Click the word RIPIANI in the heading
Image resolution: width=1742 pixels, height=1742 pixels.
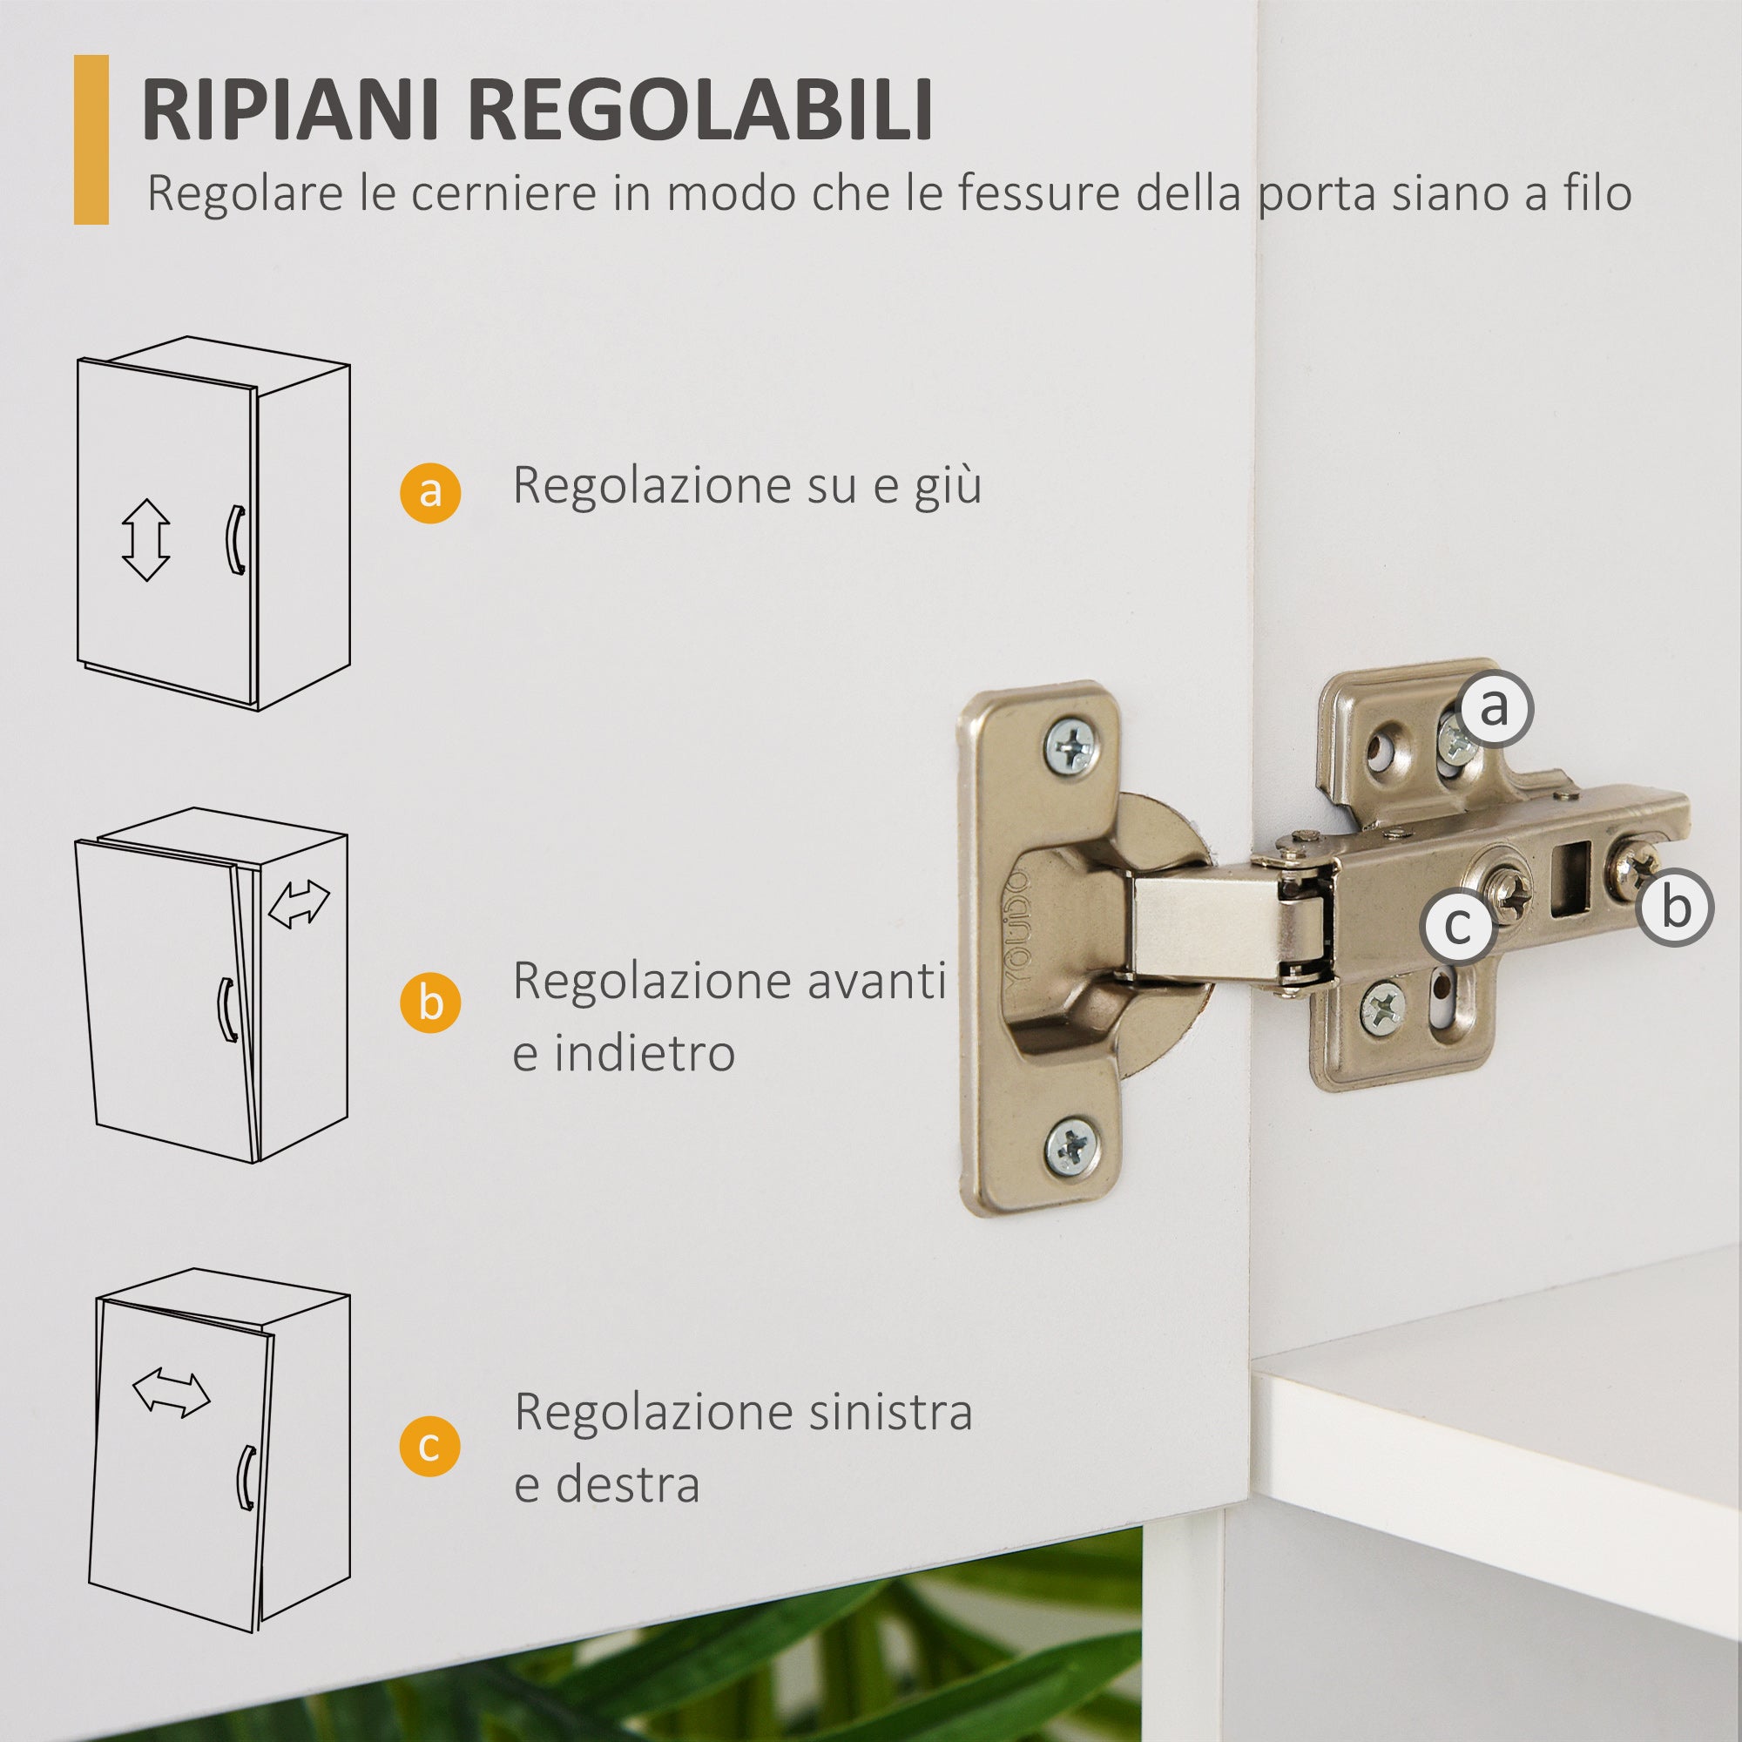tap(289, 110)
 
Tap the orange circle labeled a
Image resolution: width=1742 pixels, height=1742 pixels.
tap(430, 493)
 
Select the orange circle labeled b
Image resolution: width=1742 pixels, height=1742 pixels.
tap(430, 1002)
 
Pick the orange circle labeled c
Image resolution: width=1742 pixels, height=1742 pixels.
tap(430, 1446)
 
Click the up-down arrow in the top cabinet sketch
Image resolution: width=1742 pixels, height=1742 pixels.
tap(145, 540)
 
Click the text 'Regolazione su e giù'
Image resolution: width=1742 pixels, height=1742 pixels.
tap(746, 486)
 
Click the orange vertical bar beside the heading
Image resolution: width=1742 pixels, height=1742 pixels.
tap(91, 139)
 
